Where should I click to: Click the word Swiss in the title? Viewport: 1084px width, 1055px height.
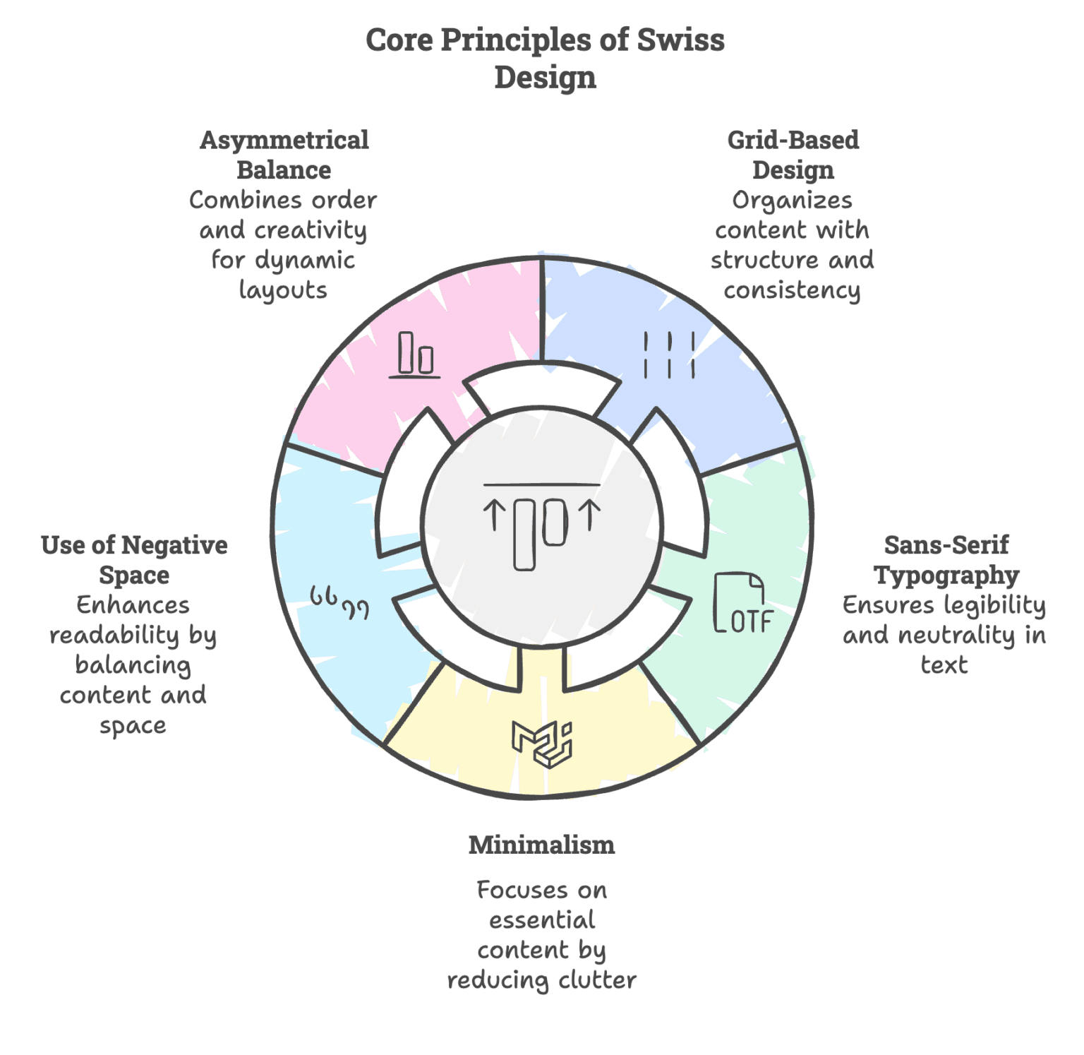coord(680,40)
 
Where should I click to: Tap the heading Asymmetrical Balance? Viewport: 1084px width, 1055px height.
coord(284,155)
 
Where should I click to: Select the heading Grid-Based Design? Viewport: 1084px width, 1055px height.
coord(793,155)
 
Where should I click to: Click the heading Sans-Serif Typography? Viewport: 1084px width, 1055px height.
coord(946,560)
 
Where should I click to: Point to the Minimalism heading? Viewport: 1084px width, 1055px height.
coord(542,845)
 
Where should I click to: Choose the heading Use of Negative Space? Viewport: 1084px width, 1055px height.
coord(134,560)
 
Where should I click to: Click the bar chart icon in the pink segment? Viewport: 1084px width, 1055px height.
coord(415,354)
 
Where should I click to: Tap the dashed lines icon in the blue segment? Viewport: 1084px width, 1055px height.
coord(669,354)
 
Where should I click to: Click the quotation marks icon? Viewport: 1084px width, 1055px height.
coord(340,603)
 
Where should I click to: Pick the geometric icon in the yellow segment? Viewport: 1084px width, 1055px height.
coord(542,744)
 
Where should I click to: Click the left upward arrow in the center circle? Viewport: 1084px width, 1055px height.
coord(495,515)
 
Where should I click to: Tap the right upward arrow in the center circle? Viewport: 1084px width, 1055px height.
coord(590,515)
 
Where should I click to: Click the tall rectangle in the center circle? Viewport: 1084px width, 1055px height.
coord(524,535)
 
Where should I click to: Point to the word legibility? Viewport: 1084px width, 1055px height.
coord(995,606)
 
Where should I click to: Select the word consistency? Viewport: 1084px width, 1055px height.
coord(793,291)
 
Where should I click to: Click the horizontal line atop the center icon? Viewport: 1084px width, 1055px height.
coord(542,485)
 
